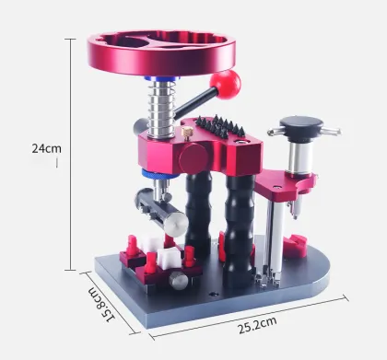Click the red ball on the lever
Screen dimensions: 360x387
point(227,85)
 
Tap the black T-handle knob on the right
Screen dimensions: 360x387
point(303,122)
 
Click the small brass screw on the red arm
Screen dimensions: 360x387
point(188,134)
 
